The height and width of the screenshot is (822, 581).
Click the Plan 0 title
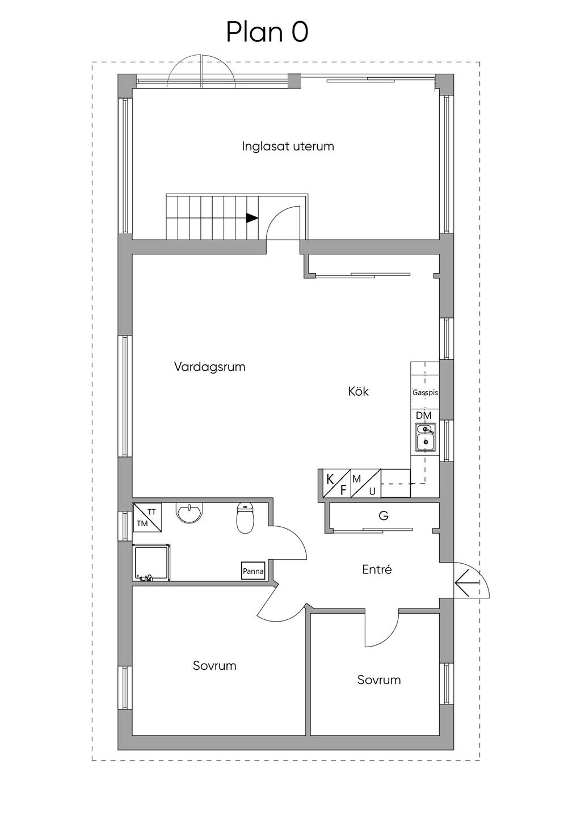click(x=267, y=32)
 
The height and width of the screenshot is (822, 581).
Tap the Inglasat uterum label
click(x=288, y=146)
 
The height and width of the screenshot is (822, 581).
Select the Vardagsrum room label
click(x=209, y=367)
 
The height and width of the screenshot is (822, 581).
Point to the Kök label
click(x=358, y=391)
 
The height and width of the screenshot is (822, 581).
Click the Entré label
click(x=377, y=569)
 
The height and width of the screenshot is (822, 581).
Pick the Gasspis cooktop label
click(x=425, y=393)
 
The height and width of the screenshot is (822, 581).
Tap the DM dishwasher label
click(x=423, y=416)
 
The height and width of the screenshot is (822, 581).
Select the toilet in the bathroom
click(x=245, y=518)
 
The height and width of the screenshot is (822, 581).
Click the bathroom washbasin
click(x=189, y=512)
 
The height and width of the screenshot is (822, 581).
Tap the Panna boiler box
click(x=252, y=571)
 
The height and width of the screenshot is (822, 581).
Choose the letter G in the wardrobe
click(x=384, y=516)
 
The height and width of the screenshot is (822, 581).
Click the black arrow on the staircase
click(x=252, y=218)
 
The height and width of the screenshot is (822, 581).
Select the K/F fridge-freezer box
click(x=336, y=483)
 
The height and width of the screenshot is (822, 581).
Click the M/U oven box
click(x=366, y=483)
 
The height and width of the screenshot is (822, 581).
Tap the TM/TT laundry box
click(x=148, y=517)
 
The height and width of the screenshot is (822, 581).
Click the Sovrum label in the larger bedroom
click(x=214, y=666)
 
